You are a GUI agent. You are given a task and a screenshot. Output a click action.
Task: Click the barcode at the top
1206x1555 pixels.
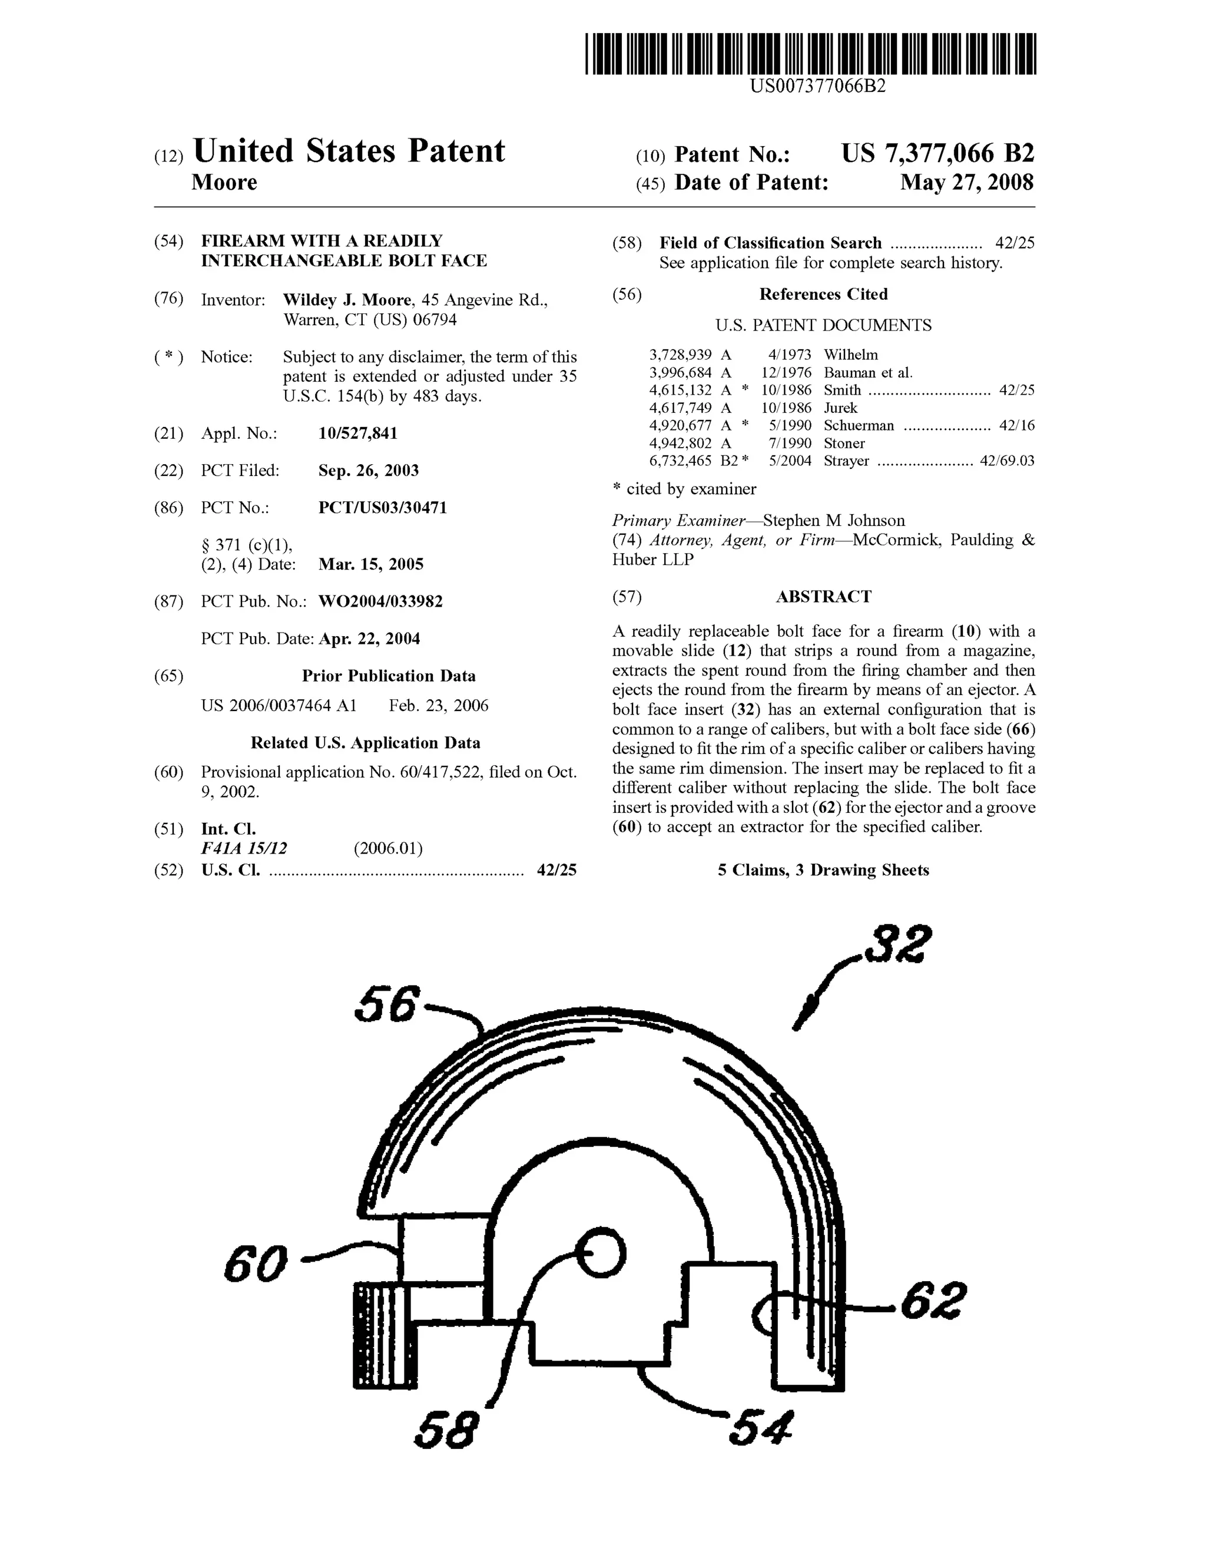[810, 54]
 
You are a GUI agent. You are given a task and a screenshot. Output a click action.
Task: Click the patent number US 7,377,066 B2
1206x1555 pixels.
[937, 154]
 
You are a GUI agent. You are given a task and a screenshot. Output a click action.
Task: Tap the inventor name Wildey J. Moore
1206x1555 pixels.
[347, 300]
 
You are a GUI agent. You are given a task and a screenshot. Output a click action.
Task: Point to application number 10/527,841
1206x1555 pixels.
[357, 434]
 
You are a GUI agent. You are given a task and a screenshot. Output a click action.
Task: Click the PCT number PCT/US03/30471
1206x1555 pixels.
[382, 508]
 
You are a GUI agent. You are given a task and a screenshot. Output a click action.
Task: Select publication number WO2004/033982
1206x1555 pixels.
[380, 601]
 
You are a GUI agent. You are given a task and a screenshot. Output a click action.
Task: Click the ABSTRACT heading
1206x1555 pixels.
[823, 597]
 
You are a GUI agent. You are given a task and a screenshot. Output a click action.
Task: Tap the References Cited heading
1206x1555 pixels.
[823, 295]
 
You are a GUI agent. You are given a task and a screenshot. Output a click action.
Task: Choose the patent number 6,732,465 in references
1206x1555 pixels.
[680, 461]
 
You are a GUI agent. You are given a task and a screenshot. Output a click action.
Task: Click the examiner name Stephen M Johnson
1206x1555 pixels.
[834, 521]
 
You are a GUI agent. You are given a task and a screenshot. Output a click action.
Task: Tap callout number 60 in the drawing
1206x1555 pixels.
[255, 1264]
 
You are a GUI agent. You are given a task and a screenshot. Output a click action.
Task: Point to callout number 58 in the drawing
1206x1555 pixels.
[446, 1429]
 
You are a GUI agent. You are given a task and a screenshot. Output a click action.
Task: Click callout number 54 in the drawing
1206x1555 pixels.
[760, 1427]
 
